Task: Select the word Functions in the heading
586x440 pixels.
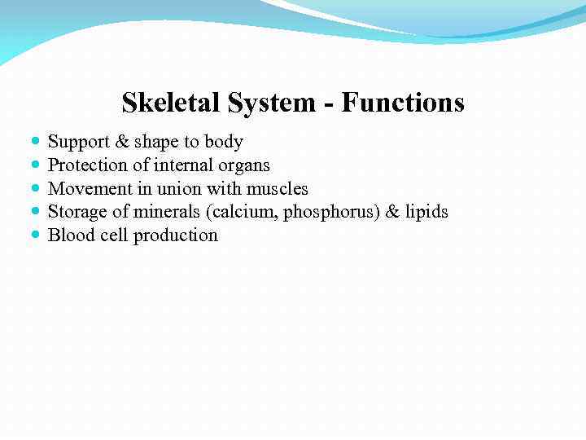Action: [403, 103]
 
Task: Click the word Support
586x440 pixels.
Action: [79, 143]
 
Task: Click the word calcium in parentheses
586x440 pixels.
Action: [248, 212]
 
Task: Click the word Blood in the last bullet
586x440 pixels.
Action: [68, 235]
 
